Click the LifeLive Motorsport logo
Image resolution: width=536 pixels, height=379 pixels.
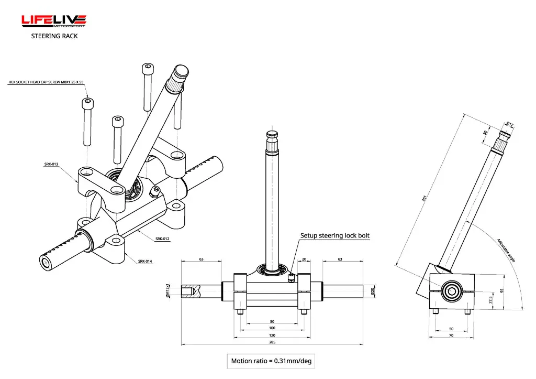[53, 21]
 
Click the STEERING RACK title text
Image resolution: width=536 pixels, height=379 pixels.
[54, 36]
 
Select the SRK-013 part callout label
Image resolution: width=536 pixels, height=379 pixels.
[51, 164]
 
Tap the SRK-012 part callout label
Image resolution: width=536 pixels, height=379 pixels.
[162, 239]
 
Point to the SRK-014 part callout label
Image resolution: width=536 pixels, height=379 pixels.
[145, 261]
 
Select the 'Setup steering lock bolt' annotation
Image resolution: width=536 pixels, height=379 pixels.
[334, 236]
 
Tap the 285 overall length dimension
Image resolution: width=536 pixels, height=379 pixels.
[272, 342]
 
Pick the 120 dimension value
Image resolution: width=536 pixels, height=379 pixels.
[272, 335]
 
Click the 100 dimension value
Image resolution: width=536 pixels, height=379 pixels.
[272, 328]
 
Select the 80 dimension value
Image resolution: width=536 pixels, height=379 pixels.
[272, 321]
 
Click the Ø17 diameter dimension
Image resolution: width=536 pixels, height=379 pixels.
[509, 124]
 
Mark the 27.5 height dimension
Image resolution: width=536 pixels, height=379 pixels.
[490, 300]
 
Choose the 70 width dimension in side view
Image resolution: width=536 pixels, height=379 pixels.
[451, 335]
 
